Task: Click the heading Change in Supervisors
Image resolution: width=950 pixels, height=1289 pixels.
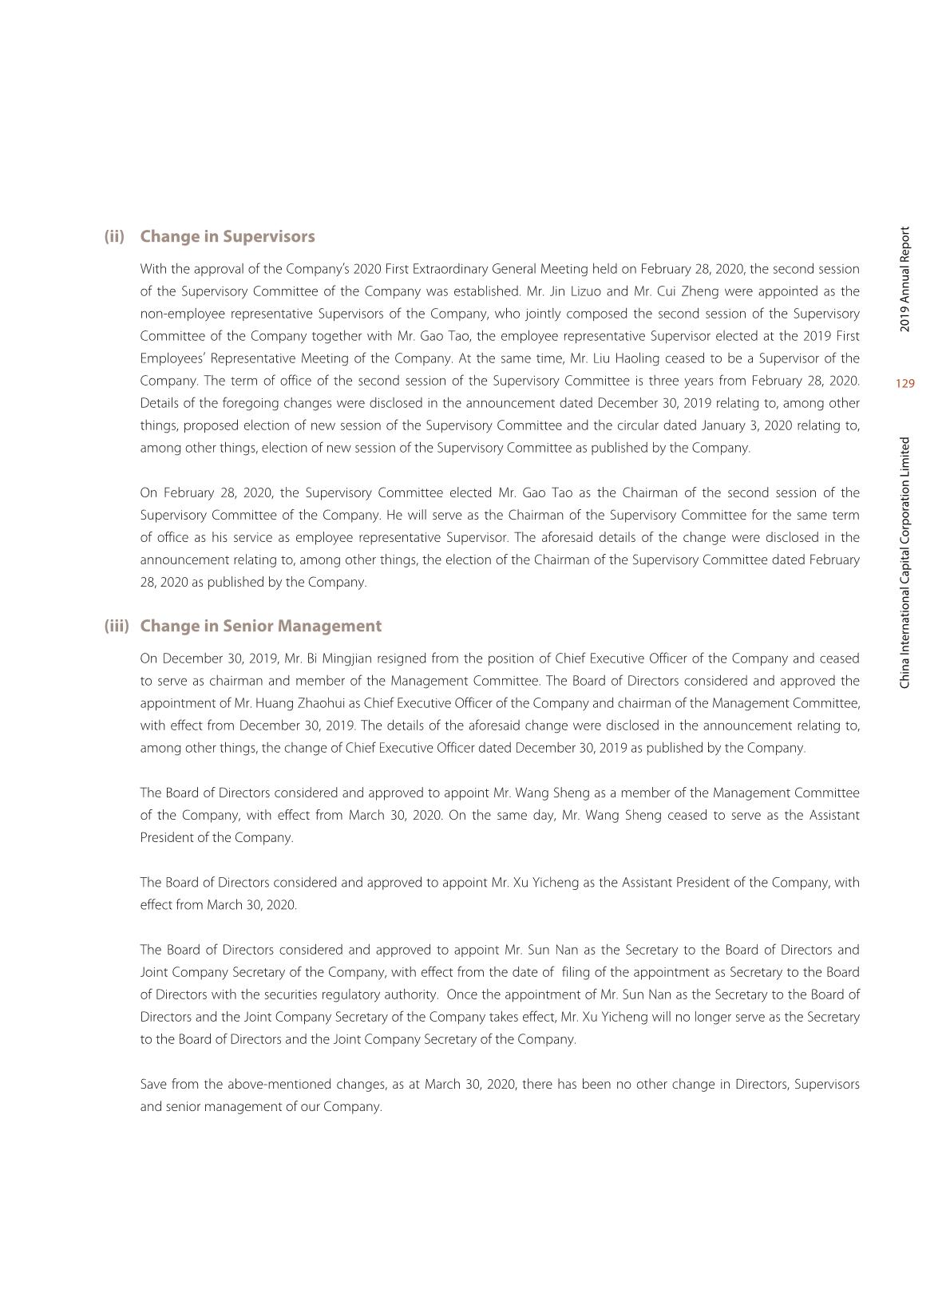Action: coord(228,237)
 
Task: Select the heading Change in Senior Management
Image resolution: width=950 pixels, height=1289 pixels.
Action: coord(261,627)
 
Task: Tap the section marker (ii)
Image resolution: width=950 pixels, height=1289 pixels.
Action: coord(114,237)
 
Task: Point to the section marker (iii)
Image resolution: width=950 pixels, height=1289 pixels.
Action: coord(117,627)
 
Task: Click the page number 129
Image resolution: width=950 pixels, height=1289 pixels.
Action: coord(904,384)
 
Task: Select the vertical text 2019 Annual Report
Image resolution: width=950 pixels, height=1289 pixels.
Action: coord(904,279)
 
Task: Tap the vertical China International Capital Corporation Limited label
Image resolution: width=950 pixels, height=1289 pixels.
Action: coord(904,563)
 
